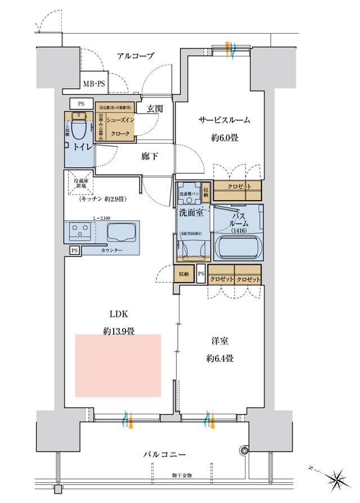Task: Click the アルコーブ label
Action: pos(136,55)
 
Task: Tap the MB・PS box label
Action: pos(94,84)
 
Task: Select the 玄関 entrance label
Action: pos(155,108)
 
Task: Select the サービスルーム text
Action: pos(223,120)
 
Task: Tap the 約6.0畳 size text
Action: pos(224,137)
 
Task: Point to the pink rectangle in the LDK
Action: pos(118,364)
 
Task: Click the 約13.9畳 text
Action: pos(118,332)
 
